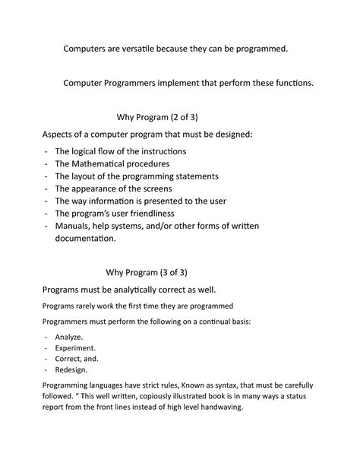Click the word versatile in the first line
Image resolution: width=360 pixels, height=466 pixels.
(156, 49)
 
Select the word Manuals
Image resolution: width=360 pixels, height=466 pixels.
(75, 225)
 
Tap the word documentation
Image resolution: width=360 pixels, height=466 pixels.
(85, 238)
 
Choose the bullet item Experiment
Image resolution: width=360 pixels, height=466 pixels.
(77, 347)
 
